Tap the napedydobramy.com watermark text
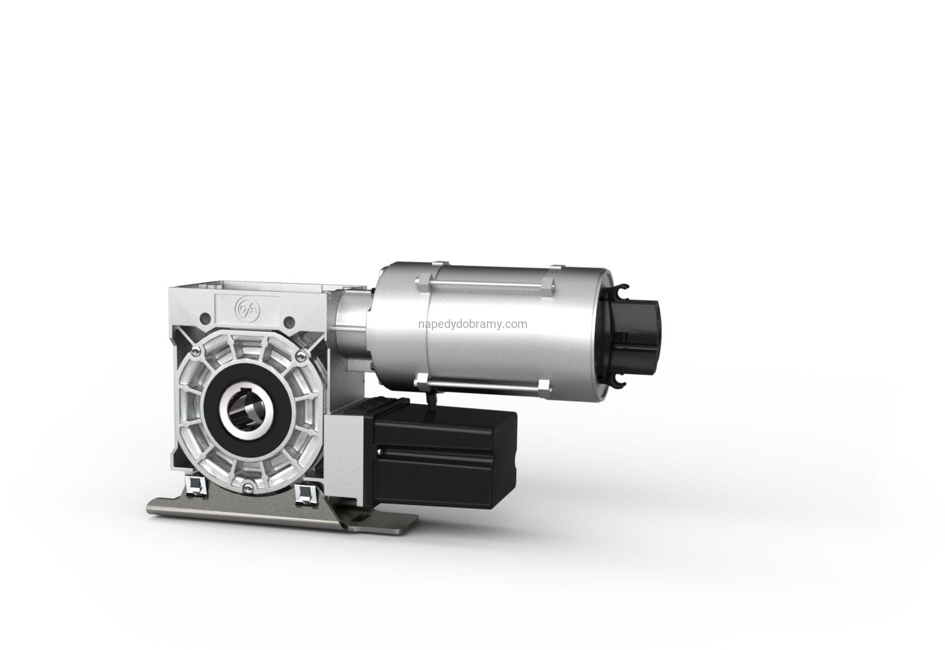point(472,324)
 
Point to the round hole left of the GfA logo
point(205,318)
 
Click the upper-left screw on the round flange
point(196,350)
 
